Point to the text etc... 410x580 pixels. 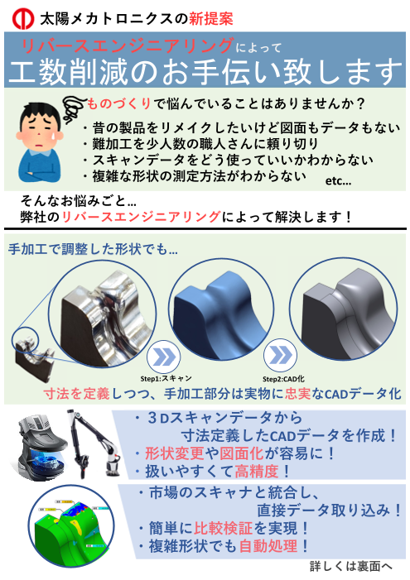tap(339, 180)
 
